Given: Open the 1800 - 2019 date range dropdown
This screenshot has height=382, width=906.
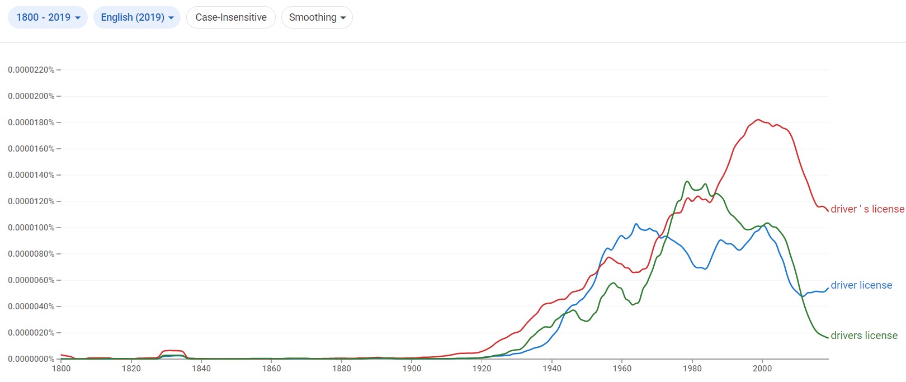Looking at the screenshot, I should tap(48, 17).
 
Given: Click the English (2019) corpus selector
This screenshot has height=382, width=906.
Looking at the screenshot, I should tap(137, 17).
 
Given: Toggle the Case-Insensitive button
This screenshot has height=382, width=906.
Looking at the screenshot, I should tap(231, 17).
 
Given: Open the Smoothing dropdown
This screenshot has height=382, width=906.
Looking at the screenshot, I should tap(317, 17).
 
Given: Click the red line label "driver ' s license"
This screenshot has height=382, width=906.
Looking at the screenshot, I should tap(867, 209).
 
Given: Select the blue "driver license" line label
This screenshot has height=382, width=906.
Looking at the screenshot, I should tap(861, 285).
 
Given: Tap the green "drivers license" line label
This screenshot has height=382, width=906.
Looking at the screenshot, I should tap(864, 336).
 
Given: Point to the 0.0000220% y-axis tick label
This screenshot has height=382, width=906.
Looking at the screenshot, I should tap(31, 70).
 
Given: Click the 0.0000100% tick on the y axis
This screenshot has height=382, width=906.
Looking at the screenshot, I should tap(31, 228).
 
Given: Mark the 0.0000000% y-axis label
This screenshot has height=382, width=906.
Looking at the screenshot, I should tap(31, 359).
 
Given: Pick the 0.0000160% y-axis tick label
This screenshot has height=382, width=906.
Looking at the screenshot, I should tap(31, 149).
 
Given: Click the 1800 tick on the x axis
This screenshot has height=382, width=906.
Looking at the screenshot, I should tap(62, 368).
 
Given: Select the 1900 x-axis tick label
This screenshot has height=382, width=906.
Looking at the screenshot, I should tap(412, 368).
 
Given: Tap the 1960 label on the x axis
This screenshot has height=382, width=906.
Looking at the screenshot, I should tap(622, 368).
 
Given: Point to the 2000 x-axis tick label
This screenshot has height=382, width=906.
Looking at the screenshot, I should tap(762, 368).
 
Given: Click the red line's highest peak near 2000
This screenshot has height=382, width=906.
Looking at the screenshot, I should tap(758, 120).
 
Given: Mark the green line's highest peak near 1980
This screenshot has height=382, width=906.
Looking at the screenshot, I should tap(687, 181).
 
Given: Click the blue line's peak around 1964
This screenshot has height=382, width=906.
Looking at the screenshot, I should tap(636, 224).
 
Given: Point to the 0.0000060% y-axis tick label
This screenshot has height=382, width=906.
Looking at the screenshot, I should tap(31, 280).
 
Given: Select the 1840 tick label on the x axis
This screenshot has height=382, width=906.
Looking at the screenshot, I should tap(201, 368).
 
